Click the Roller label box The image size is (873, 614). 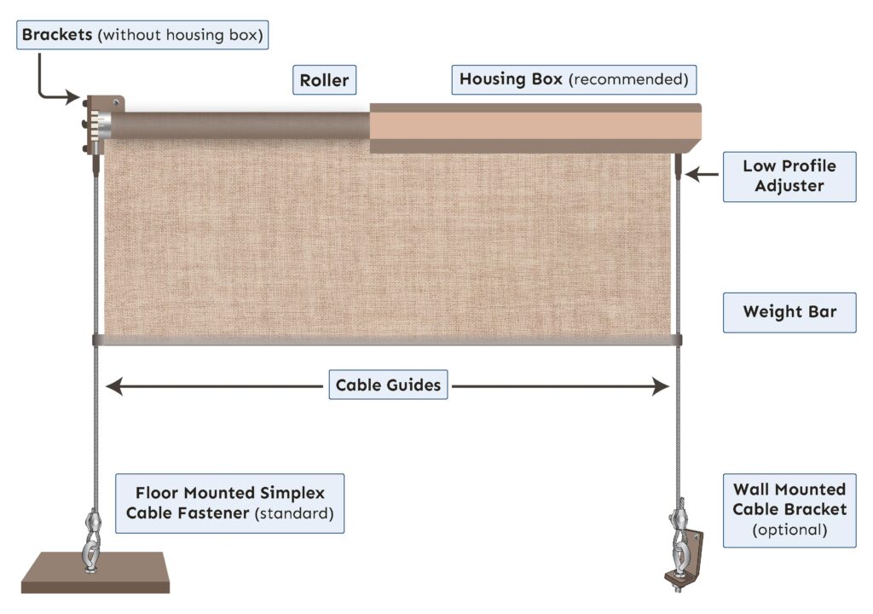pos(324,80)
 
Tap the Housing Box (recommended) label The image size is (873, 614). pos(574,79)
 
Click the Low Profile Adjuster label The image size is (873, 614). pos(789,175)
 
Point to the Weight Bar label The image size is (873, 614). pos(789,311)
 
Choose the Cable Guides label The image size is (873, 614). pos(388,385)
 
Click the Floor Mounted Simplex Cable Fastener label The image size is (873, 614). pos(229,503)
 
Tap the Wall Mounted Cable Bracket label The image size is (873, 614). pos(789,509)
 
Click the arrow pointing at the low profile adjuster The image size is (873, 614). pos(702,175)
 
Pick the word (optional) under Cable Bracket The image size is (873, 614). pos(789,529)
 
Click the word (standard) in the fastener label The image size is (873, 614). pos(298,514)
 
